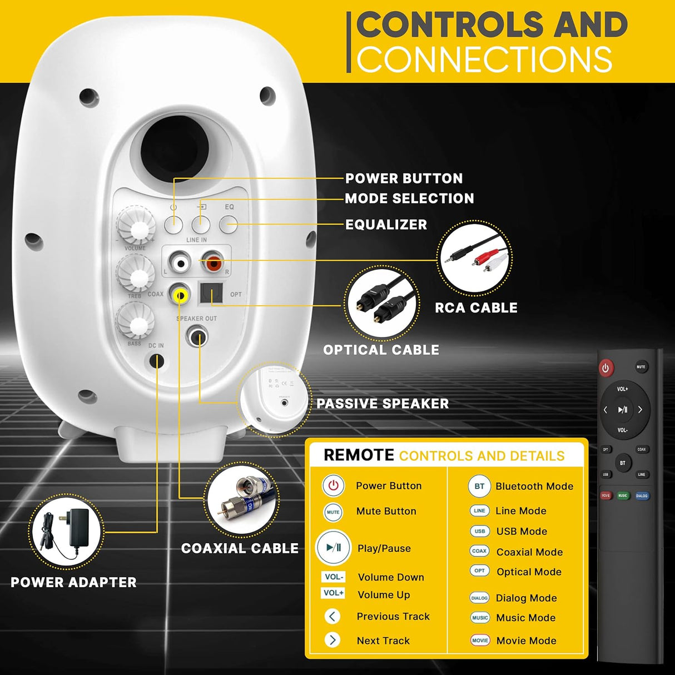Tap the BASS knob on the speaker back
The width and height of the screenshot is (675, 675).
[x=135, y=321]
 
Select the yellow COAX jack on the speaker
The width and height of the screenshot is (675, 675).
[x=180, y=295]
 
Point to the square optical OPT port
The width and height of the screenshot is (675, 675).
[x=211, y=293]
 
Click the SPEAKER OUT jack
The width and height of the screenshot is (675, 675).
[x=196, y=336]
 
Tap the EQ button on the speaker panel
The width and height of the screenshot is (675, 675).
[x=228, y=225]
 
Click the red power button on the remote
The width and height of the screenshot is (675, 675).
[x=605, y=368]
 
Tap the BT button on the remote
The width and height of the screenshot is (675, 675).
[x=623, y=463]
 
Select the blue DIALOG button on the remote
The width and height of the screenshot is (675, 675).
[x=642, y=495]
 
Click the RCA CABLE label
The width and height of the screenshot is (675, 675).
[x=476, y=307]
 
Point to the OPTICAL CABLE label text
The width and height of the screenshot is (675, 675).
[x=381, y=350]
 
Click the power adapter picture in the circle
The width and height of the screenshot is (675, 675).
[x=67, y=532]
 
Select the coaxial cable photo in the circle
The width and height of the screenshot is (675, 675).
[x=241, y=500]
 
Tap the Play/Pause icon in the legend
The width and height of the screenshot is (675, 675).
[x=334, y=548]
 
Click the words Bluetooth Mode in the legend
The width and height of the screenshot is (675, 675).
[x=534, y=486]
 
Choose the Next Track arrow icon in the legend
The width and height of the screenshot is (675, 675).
[x=332, y=640]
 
